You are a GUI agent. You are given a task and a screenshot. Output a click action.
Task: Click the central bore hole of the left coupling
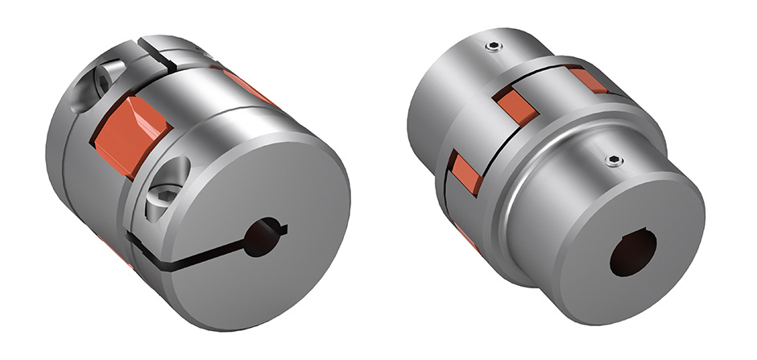260,240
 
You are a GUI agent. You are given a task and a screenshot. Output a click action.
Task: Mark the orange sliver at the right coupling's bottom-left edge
467,238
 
